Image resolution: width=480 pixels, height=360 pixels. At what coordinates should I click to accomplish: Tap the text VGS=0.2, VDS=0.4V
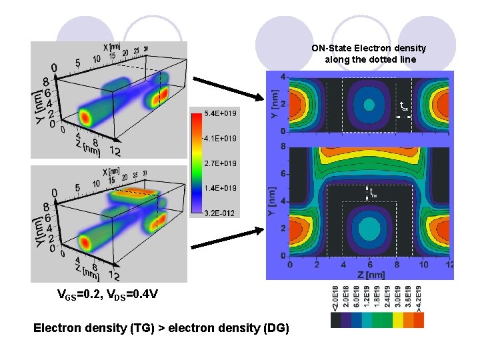(x=107, y=295)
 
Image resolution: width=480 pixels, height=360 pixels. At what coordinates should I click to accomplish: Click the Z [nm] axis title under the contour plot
(x=369, y=274)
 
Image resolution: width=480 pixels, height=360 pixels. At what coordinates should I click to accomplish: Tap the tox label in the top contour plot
(x=404, y=106)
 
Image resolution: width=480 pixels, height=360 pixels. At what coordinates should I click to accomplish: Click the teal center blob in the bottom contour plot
(x=369, y=231)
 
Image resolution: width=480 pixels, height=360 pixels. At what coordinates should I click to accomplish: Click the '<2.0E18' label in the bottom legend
(x=335, y=298)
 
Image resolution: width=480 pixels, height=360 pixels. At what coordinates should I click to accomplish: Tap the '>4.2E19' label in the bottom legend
(x=418, y=298)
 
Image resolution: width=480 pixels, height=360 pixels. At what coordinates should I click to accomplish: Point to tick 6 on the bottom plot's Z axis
(x=370, y=265)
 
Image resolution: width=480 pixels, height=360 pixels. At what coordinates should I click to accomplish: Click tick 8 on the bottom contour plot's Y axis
(x=283, y=147)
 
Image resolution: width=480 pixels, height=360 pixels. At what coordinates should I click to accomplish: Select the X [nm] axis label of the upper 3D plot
(x=111, y=47)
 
